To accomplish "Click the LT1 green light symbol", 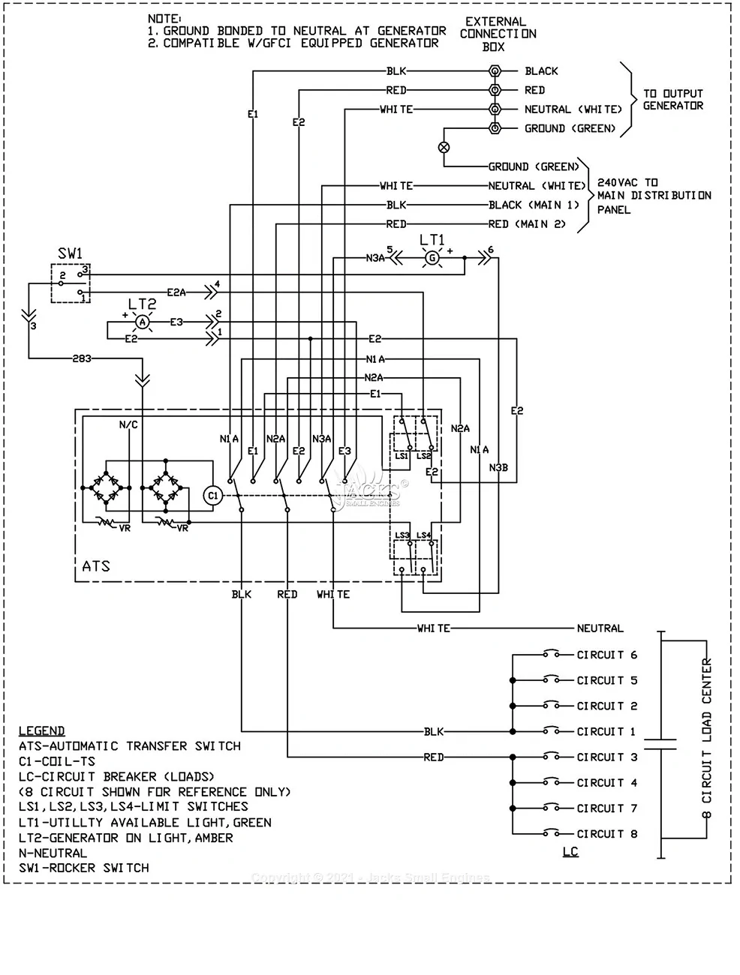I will (x=432, y=257).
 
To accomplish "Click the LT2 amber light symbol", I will (x=140, y=321).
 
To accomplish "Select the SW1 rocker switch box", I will (x=71, y=283).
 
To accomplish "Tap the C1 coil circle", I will (x=212, y=495).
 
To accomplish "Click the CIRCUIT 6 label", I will (x=606, y=655).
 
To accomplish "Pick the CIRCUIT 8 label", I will (x=606, y=833).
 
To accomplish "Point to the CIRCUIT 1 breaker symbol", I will (x=552, y=731).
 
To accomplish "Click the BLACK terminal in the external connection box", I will (x=494, y=71).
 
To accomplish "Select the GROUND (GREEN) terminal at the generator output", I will (x=494, y=128).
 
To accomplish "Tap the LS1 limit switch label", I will (x=402, y=456).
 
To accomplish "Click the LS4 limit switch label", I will (x=423, y=535).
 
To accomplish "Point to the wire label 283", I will (x=81, y=358).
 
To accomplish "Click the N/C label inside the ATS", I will (x=128, y=424).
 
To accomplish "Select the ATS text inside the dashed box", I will (x=96, y=566).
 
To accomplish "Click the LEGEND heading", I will (x=41, y=730).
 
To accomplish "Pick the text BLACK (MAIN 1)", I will (x=534, y=205).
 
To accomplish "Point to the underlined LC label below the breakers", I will (x=570, y=852).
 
